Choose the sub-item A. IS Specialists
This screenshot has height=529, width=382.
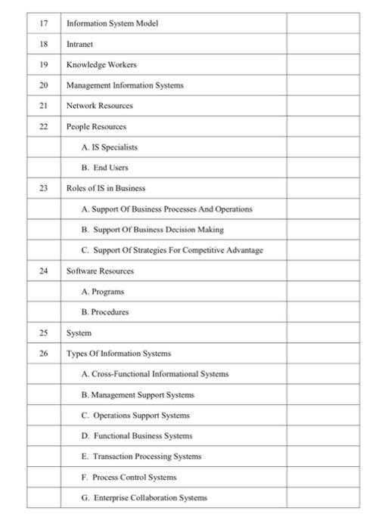[109, 147]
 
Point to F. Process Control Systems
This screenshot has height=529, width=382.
[128, 477]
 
